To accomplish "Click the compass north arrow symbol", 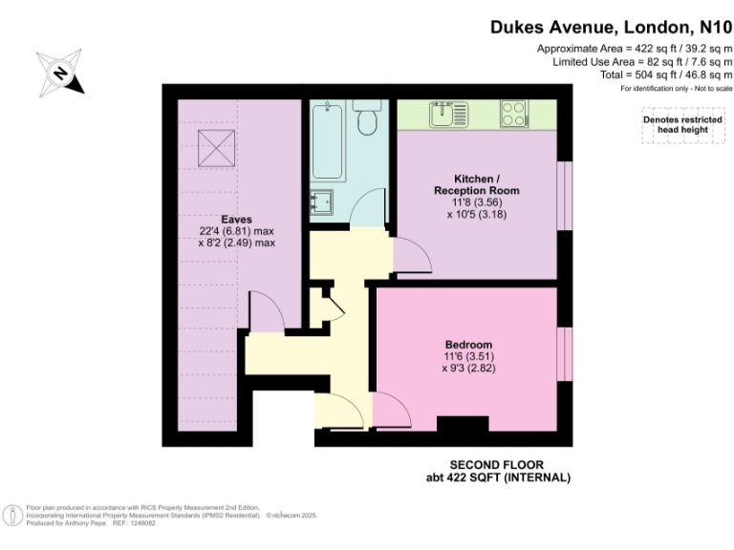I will (x=60, y=73).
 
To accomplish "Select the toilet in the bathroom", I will (x=367, y=122).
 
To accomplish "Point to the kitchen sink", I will (x=443, y=115).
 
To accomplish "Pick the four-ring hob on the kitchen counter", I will (x=512, y=115).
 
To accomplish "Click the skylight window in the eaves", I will (x=216, y=145).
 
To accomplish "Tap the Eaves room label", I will (x=237, y=219).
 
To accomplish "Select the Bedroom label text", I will (x=468, y=345).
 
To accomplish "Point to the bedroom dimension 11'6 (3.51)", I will (x=468, y=356).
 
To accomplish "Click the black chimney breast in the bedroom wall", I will (x=463, y=424).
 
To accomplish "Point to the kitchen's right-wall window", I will (x=564, y=197).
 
